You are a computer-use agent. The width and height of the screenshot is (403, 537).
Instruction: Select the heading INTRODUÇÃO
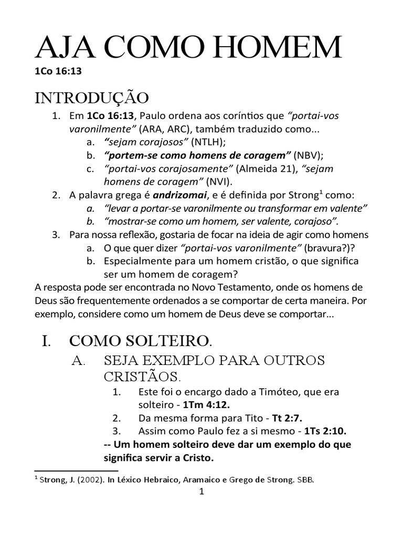[92, 98]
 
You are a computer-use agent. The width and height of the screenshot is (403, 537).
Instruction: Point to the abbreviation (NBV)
[308, 155]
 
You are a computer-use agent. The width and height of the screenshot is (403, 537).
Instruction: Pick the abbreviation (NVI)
[219, 181]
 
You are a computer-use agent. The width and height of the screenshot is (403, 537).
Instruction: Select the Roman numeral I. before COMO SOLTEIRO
[46, 341]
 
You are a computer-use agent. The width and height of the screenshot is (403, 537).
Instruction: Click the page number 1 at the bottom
[201, 492]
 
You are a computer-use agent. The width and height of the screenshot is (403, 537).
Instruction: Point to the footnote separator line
[76, 471]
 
